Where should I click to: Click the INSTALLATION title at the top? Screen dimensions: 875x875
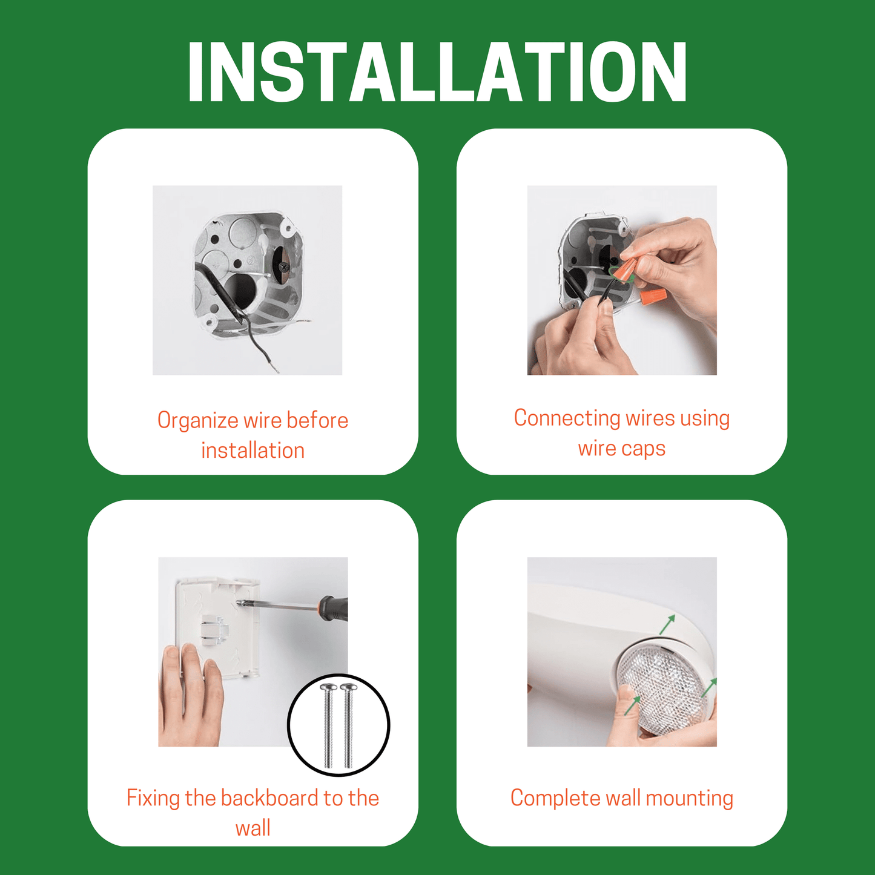(437, 73)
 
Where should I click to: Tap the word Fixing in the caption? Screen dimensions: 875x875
(153, 798)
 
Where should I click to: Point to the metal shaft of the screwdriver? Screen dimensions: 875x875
(279, 605)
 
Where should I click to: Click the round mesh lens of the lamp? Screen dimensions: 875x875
(663, 690)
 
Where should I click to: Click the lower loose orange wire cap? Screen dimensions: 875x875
(654, 297)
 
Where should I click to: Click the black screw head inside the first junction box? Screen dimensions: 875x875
(283, 265)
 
